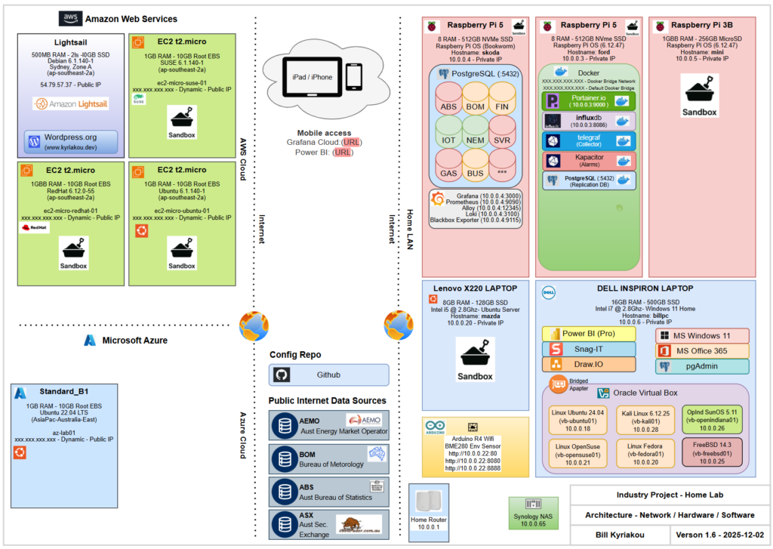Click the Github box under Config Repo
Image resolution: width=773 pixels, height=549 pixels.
point(328,375)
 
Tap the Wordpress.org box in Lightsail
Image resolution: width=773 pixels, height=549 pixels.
point(71,142)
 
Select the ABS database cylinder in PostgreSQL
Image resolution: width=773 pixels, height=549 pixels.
point(448,101)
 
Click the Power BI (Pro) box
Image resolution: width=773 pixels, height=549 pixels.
point(589,334)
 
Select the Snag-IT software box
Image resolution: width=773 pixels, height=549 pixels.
point(589,349)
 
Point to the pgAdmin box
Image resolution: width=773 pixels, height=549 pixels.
point(702,366)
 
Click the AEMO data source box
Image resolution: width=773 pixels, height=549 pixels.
point(328,424)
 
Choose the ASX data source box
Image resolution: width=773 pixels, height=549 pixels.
point(328,523)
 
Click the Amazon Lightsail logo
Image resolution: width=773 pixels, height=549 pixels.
point(71,103)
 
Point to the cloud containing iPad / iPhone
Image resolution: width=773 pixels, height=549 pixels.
point(326,74)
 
